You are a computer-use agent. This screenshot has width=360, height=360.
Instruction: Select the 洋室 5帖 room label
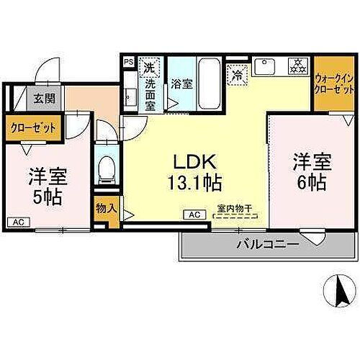(45, 185)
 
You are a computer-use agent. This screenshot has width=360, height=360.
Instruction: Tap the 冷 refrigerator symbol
(237, 73)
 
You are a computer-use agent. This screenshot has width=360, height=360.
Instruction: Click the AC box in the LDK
(194, 214)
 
